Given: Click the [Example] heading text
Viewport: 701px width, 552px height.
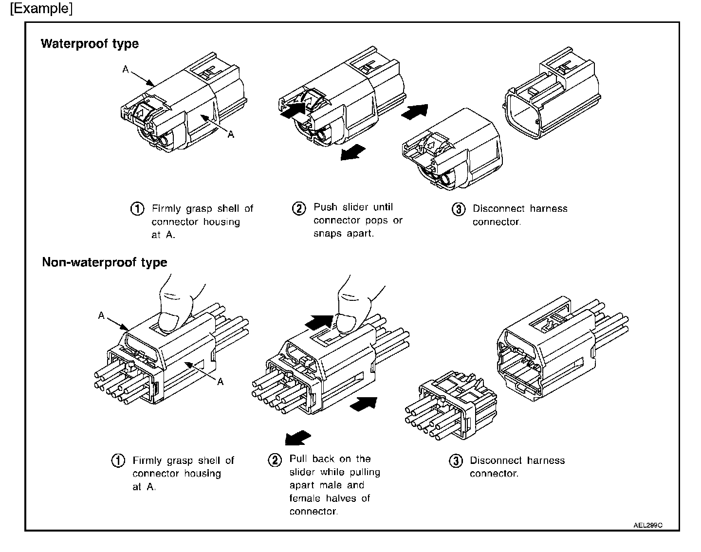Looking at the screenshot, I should (x=41, y=9).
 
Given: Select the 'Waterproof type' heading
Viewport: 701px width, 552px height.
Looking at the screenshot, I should (x=90, y=44).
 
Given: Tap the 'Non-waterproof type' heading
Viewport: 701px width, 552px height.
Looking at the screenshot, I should (x=104, y=263).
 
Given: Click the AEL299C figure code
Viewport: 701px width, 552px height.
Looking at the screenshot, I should (x=648, y=525).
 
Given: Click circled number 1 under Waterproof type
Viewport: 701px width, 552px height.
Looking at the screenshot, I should (x=137, y=209).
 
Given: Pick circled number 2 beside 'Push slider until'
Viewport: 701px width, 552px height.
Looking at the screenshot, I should (x=298, y=208).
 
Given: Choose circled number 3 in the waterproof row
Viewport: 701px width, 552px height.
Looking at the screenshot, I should (x=458, y=209).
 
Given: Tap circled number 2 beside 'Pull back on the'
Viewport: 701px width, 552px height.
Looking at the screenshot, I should (x=275, y=460).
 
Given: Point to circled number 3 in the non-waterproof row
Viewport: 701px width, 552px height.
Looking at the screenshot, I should (x=455, y=461).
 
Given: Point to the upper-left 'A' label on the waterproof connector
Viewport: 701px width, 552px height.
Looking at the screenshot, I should (x=126, y=70).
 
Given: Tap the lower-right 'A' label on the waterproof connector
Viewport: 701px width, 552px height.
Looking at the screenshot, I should (x=231, y=134).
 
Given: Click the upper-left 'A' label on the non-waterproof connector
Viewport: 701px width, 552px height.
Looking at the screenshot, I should (x=101, y=315).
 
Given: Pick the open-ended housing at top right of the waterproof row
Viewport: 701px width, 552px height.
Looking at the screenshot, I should (x=553, y=97).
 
